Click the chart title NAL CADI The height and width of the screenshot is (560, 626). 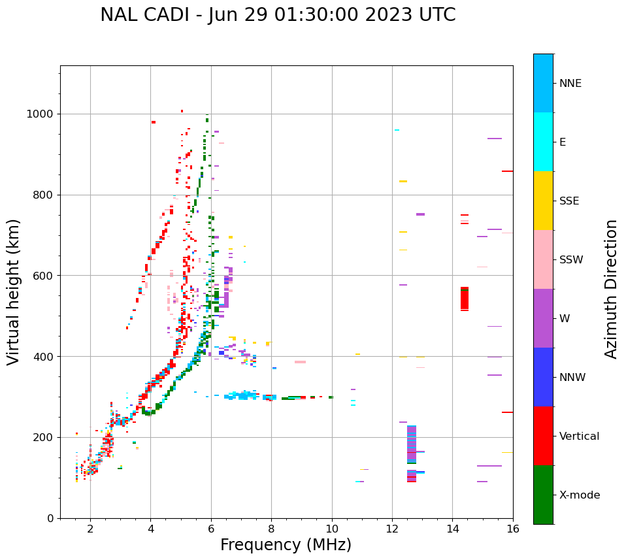(278, 15)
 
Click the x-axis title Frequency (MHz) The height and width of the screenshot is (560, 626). (286, 545)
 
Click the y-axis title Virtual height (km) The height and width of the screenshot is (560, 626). (14, 291)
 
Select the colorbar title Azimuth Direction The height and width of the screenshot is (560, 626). (611, 289)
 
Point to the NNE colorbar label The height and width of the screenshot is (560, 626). (570, 84)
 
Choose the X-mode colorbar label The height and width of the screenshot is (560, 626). (579, 495)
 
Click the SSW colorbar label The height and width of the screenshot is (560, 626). (571, 259)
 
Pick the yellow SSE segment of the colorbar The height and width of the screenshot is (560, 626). (543, 200)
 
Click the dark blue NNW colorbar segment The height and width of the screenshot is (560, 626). (543, 376)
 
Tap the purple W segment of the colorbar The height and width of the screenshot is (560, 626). (543, 318)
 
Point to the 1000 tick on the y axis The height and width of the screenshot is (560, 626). (42, 114)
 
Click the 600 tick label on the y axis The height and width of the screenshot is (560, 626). (44, 276)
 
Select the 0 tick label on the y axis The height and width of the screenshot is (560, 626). (50, 518)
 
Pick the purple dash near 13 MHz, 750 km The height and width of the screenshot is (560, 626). (420, 214)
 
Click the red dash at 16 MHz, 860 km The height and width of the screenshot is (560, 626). (507, 171)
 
